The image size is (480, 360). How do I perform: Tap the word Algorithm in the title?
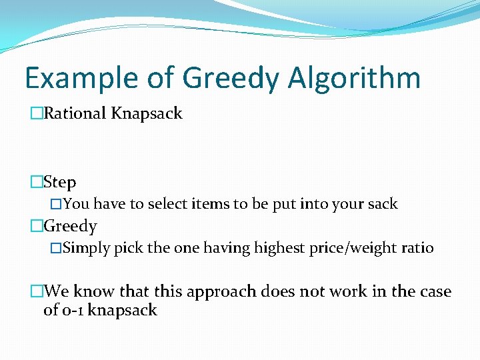[354, 79]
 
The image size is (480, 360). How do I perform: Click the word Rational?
[75, 113]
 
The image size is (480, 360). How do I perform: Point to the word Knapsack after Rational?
[147, 114]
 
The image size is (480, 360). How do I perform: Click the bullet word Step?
[60, 182]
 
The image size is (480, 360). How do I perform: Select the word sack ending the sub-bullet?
[382, 204]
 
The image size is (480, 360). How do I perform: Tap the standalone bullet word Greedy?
[70, 227]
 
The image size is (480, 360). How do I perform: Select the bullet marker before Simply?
[56, 249]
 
